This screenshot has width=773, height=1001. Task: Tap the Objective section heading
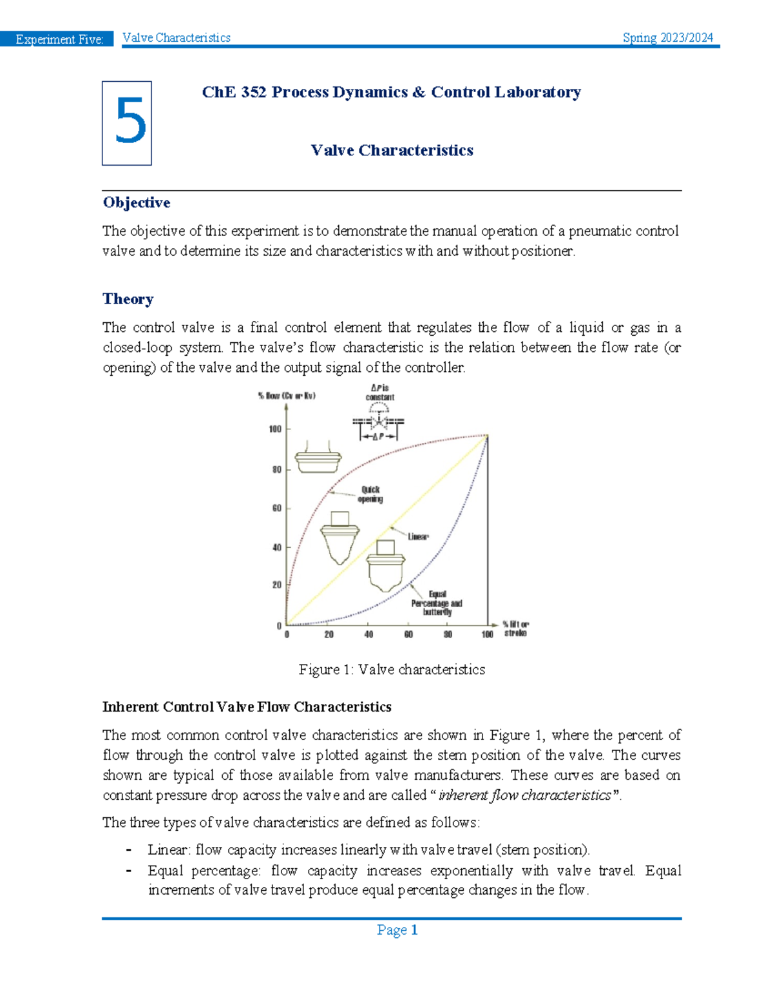pyautogui.click(x=137, y=202)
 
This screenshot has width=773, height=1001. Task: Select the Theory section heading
pyautogui.click(x=128, y=299)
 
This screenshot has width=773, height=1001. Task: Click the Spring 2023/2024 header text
pyautogui.click(x=667, y=38)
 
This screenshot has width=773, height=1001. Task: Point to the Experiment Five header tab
pyautogui.click(x=59, y=39)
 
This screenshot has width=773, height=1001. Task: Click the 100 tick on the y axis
pyautogui.click(x=275, y=429)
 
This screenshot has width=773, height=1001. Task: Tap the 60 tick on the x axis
pyautogui.click(x=408, y=634)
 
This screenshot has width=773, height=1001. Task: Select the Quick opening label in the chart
pyautogui.click(x=370, y=494)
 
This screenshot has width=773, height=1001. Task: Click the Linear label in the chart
pyautogui.click(x=417, y=536)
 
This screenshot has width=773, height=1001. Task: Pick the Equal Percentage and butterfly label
pyautogui.click(x=437, y=603)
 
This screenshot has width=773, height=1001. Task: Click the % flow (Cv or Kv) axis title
pyautogui.click(x=287, y=396)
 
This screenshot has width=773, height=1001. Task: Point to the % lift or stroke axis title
pyautogui.click(x=515, y=628)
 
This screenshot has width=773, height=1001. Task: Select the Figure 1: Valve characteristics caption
pyautogui.click(x=392, y=670)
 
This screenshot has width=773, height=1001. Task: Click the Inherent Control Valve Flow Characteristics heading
pyautogui.click(x=247, y=707)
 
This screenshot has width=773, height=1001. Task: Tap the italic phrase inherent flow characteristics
pyautogui.click(x=524, y=795)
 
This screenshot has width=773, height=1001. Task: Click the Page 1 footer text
pyautogui.click(x=397, y=929)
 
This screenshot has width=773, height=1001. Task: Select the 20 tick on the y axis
pyautogui.click(x=276, y=585)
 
